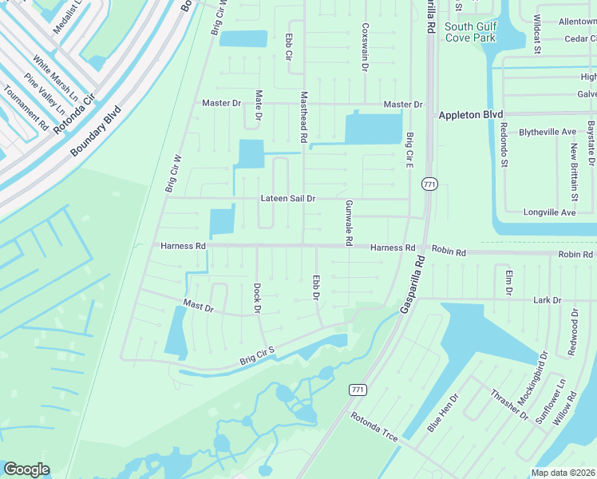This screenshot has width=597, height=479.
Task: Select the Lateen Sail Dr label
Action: coord(288,199)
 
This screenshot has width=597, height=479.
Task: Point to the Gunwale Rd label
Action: coord(349,223)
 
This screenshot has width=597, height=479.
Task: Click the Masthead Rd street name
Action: coord(303,117)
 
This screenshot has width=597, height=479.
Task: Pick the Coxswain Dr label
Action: coord(364,47)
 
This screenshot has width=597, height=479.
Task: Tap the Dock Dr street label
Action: coord(257,297)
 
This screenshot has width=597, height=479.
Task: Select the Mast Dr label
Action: coord(199,307)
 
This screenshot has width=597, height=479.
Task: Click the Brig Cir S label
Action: coord(257,356)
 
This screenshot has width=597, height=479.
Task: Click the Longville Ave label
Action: coord(549,213)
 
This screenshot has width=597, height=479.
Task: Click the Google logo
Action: coord(26,469)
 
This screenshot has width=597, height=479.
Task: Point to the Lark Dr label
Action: coord(547,300)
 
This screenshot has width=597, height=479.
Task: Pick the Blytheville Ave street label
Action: coord(548,132)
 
